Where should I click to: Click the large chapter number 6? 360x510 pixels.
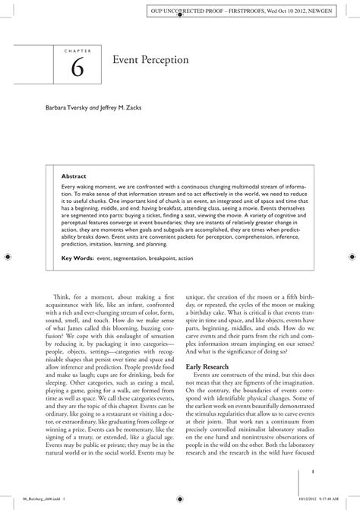click(78, 68)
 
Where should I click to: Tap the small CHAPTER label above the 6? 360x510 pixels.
click(78, 51)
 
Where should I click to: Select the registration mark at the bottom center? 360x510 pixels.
click(180, 501)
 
